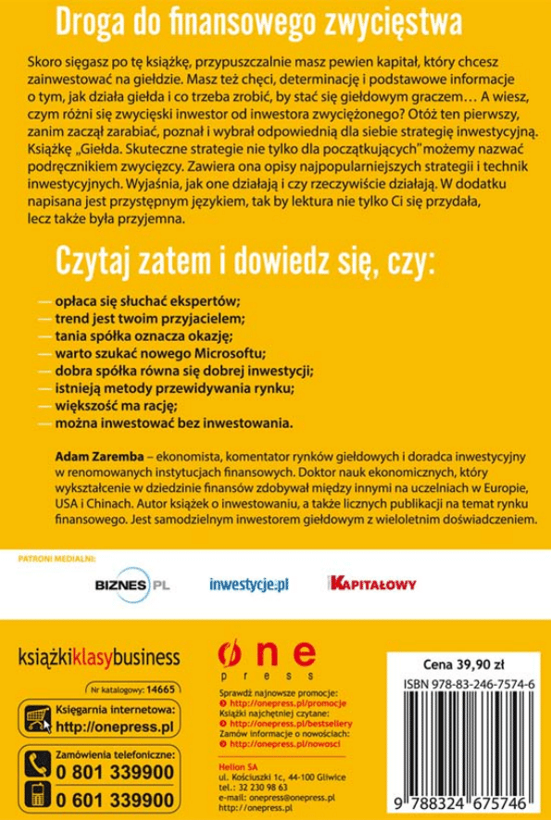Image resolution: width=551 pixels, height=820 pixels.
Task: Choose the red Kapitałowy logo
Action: coord(373,584)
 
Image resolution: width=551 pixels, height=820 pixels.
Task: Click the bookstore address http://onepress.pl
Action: coord(116,725)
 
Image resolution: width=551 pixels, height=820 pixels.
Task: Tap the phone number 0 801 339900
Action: coord(115,771)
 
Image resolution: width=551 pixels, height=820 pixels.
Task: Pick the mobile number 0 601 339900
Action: coord(115,800)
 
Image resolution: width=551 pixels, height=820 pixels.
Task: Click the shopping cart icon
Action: coord(35,720)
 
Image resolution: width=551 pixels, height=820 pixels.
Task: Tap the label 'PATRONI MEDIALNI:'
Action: coord(57,560)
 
